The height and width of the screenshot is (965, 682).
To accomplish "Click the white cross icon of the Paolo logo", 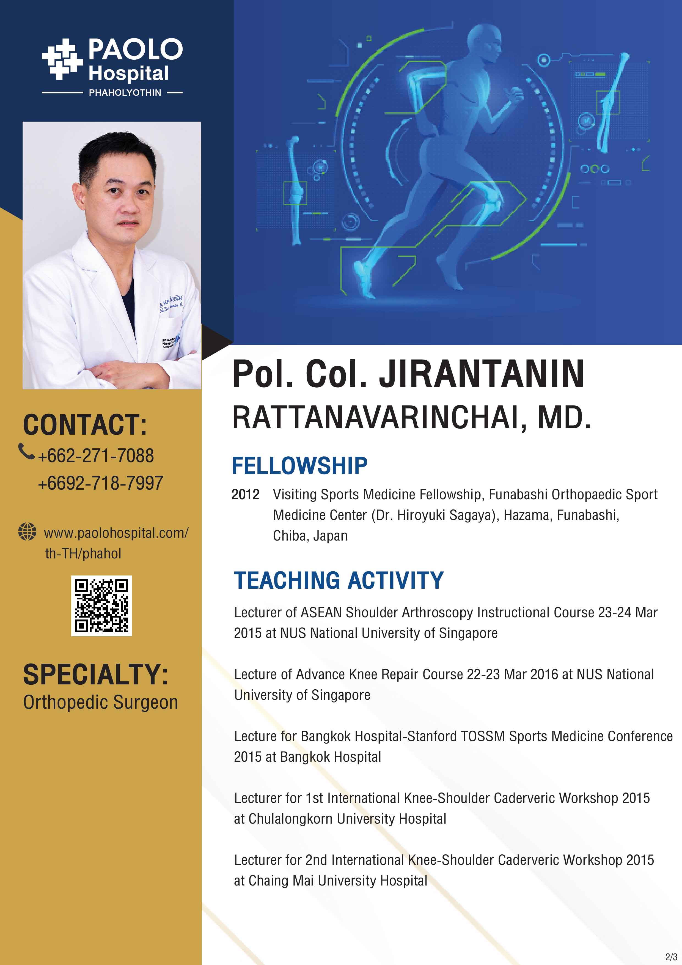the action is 62,59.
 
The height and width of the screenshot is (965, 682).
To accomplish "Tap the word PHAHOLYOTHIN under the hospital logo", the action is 125,92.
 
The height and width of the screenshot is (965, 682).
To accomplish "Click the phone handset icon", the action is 26,451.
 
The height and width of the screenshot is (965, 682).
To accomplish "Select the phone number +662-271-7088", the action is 96,456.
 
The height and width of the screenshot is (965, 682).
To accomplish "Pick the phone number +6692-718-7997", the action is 100,483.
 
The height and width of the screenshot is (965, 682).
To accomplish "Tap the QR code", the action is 101,606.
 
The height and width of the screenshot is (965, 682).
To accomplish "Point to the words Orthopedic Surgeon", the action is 100,702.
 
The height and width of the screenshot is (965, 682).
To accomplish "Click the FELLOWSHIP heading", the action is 299,466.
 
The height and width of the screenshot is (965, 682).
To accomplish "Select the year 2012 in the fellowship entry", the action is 245,494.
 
